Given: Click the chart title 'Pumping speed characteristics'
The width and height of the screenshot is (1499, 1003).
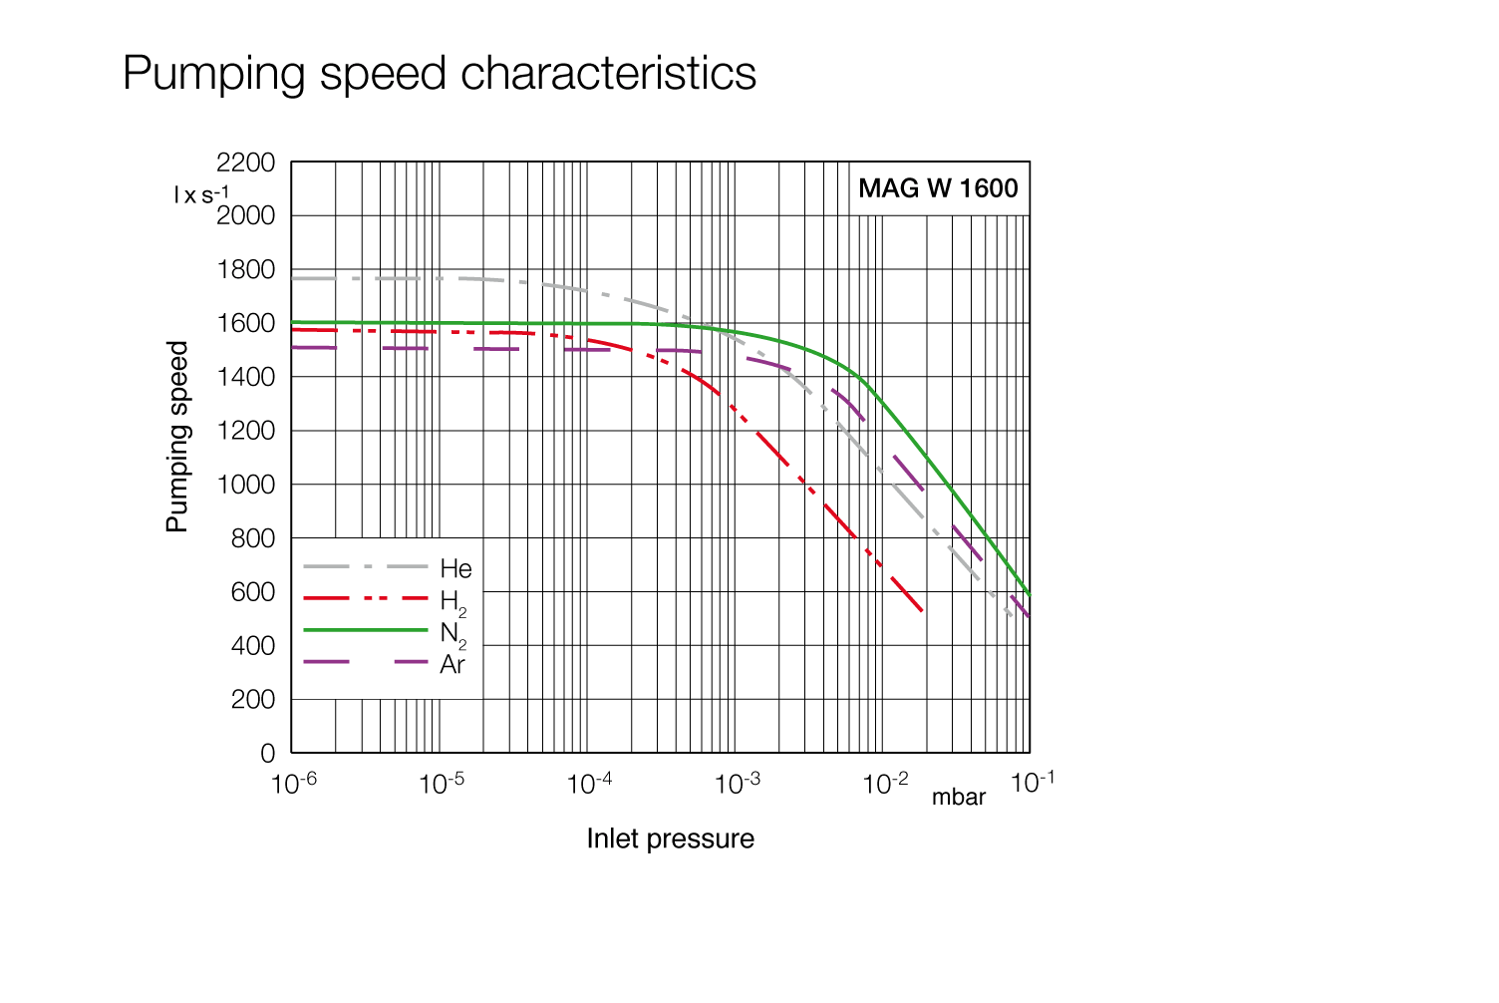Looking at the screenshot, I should pyautogui.click(x=440, y=74).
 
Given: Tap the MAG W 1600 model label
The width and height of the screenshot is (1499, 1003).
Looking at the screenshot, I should pyautogui.click(x=938, y=188).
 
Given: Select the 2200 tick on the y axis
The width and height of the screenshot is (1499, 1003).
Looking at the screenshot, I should pyautogui.click(x=245, y=163).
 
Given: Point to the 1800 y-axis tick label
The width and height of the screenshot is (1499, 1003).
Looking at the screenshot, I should pyautogui.click(x=245, y=269).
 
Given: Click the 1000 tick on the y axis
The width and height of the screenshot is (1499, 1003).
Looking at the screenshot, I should pyautogui.click(x=245, y=485).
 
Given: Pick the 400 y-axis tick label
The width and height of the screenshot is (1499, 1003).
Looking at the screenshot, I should pyautogui.click(x=252, y=646).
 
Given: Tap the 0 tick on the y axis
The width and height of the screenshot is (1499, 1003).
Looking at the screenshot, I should pyautogui.click(x=267, y=754).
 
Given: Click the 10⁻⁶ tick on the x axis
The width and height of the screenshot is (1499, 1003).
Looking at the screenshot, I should pyautogui.click(x=294, y=784).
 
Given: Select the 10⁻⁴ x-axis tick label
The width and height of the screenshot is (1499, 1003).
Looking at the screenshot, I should pyautogui.click(x=589, y=784).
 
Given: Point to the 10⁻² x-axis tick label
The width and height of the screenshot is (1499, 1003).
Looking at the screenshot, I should pyautogui.click(x=885, y=784).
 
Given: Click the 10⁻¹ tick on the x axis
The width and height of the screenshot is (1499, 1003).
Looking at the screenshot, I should pyautogui.click(x=1033, y=783).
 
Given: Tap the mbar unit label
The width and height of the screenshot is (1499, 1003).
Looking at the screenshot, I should pyautogui.click(x=959, y=798).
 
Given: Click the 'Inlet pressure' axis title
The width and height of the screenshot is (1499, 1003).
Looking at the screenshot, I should pyautogui.click(x=670, y=838).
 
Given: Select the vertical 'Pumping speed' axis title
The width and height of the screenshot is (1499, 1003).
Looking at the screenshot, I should pyautogui.click(x=176, y=437).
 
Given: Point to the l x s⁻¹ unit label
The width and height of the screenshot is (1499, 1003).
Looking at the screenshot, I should pyautogui.click(x=200, y=194).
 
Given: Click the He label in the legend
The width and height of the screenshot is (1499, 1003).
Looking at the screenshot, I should pyautogui.click(x=455, y=569).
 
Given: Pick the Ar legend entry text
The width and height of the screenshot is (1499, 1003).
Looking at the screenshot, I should pyautogui.click(x=451, y=665).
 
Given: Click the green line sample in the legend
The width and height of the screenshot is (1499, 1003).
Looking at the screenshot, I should pyautogui.click(x=365, y=630).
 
